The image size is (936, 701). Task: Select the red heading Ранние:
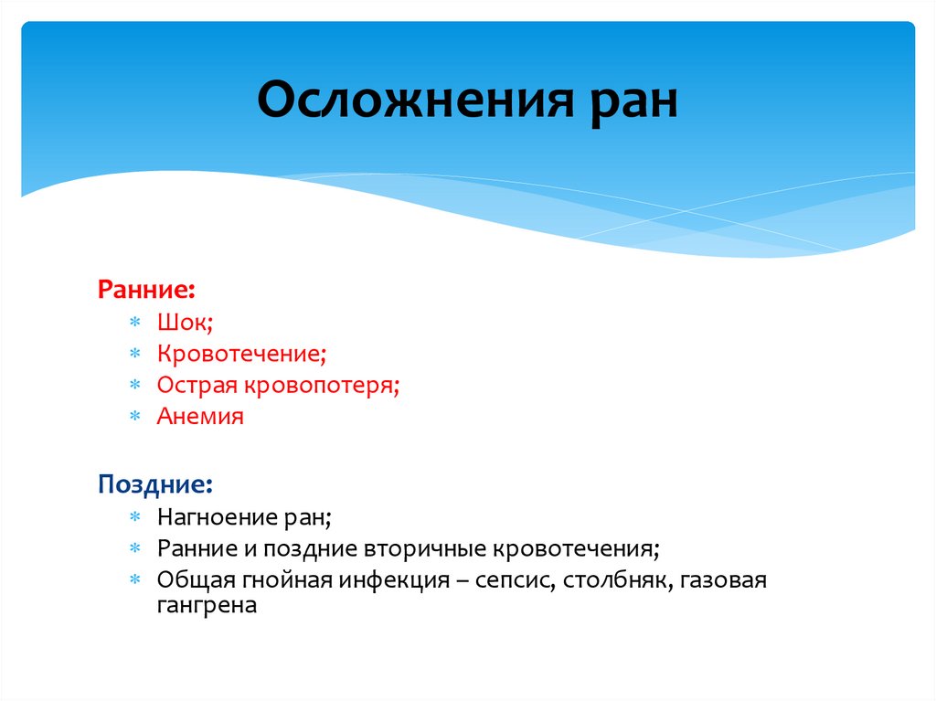[x=145, y=290]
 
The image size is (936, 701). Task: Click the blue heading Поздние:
[x=155, y=483]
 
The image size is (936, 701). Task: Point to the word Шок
[x=182, y=323]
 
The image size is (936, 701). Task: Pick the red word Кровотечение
[x=239, y=354]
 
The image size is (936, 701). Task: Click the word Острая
[x=197, y=385]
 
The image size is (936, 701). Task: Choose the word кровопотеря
[x=320, y=385]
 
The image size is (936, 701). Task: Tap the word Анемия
[x=200, y=416]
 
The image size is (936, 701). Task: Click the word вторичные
[x=428, y=549]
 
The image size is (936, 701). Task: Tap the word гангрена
[x=207, y=605]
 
